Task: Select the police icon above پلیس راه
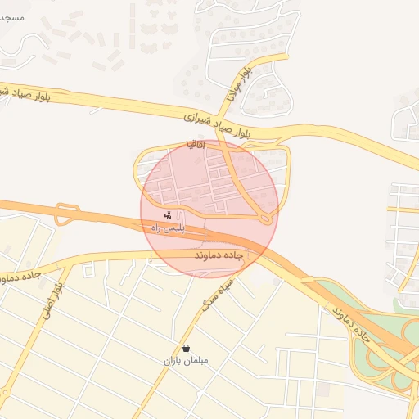[x=168, y=216]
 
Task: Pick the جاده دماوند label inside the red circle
[x=219, y=256]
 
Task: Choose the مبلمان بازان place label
[x=187, y=360]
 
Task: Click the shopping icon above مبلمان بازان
[x=187, y=348]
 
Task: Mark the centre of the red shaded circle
[x=209, y=209]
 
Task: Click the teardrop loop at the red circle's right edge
[x=264, y=217]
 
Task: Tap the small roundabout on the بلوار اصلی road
[x=5, y=392]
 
